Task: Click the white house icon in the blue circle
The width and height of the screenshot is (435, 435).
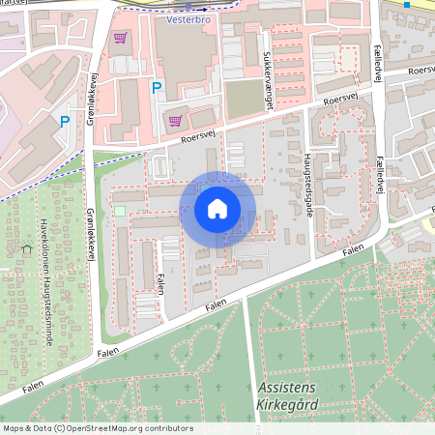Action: click(x=217, y=209)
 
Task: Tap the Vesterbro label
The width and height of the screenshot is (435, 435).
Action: click(x=188, y=18)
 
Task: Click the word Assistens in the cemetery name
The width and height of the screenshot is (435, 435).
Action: click(x=289, y=387)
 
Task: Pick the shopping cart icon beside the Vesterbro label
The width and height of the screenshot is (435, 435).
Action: click(x=120, y=39)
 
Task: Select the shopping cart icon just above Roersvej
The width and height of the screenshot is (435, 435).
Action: click(x=175, y=121)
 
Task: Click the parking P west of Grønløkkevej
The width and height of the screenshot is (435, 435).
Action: click(x=65, y=121)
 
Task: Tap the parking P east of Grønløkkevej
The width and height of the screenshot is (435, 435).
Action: click(x=156, y=88)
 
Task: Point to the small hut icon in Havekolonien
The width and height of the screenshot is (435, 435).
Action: click(x=26, y=249)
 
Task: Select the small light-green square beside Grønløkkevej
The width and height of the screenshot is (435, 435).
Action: click(x=120, y=211)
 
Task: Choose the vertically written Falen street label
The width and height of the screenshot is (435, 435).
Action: click(x=159, y=282)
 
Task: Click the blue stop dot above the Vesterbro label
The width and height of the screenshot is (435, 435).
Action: click(x=188, y=6)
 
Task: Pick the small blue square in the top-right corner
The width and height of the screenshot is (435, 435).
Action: click(x=408, y=5)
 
